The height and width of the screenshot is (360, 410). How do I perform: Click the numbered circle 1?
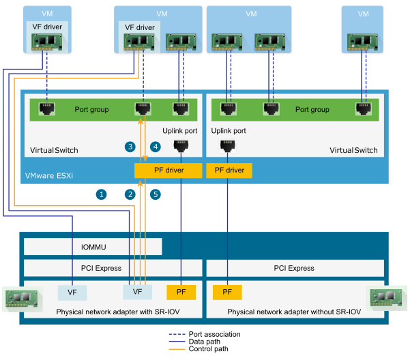[x=102, y=194]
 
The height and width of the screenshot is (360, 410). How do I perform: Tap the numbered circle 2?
[x=130, y=194]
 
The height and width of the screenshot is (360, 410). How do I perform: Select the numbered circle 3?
[x=130, y=147]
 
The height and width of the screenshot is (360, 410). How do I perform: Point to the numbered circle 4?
[x=156, y=147]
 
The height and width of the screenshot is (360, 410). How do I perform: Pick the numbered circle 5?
[x=156, y=194]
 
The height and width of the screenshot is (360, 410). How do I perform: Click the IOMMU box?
[x=93, y=246]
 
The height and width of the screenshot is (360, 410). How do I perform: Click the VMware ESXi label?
[x=50, y=175]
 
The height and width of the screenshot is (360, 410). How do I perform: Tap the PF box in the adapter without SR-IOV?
[x=227, y=292]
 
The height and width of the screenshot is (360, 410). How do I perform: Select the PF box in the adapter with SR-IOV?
[x=181, y=292]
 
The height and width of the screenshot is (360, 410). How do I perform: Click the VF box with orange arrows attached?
[x=137, y=292]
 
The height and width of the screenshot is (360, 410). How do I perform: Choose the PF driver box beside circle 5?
[x=169, y=170]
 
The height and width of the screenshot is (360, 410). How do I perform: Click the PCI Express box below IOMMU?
[x=113, y=268]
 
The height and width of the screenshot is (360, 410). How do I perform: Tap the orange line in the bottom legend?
[x=177, y=348]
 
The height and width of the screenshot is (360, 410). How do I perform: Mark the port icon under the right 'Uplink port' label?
[x=227, y=145]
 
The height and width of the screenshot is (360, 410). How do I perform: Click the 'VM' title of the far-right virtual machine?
[x=363, y=14]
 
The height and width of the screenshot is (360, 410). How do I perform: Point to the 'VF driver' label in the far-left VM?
[x=47, y=27]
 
